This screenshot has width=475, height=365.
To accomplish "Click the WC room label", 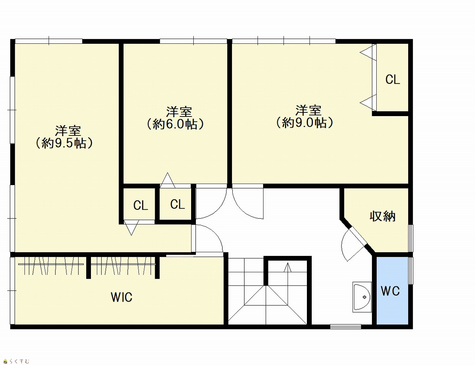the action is pyautogui.click(x=390, y=291).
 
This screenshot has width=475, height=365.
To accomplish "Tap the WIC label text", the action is pyautogui.click(x=122, y=297).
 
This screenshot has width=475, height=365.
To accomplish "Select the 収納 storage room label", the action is pyautogui.click(x=383, y=217).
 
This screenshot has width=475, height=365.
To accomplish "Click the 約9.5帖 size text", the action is pyautogui.click(x=64, y=143).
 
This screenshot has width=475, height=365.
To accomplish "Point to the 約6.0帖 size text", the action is pyautogui.click(x=175, y=124).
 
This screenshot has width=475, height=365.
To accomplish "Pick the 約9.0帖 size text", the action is pyautogui.click(x=305, y=123).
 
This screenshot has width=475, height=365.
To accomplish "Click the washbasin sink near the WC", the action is pyautogui.click(x=362, y=297).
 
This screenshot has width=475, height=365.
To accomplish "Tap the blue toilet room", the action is pyautogui.click(x=392, y=290).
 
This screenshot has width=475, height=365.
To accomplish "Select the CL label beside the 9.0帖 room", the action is pyautogui.click(x=393, y=79).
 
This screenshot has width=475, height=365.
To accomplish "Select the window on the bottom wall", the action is pyautogui.click(x=345, y=327).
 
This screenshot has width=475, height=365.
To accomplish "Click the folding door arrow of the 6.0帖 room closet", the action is pyautogui.click(x=167, y=180).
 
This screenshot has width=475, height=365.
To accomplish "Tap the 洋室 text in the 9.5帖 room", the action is pyautogui.click(x=68, y=131).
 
